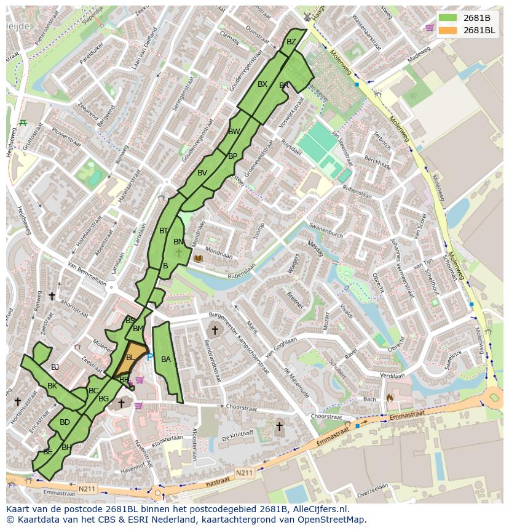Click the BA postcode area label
(165, 359)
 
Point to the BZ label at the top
(291, 42)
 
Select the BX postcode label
(262, 84)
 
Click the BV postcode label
(202, 173)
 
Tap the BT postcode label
(164, 231)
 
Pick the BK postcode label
(52, 386)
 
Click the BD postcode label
(65, 422)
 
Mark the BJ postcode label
(55, 367)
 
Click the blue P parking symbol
(149, 357)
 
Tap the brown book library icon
(198, 259)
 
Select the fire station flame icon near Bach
(390, 398)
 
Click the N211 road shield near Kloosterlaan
(243, 473)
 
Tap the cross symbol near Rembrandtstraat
(215, 331)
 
